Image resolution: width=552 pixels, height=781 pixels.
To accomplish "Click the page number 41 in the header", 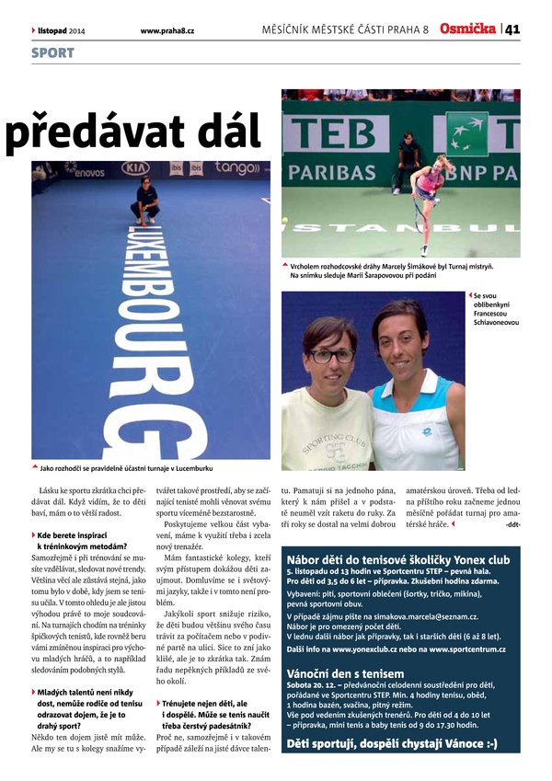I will tap(512, 29).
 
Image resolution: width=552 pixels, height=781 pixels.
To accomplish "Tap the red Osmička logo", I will tap(467, 29).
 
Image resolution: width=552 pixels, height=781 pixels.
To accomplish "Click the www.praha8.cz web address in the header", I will tap(167, 30).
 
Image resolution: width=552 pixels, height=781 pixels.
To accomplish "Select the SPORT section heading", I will tap(52, 53).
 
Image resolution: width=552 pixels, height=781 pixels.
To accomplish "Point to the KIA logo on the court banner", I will tap(135, 168).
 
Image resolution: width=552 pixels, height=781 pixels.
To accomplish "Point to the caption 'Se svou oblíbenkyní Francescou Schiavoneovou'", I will tap(497, 309).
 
